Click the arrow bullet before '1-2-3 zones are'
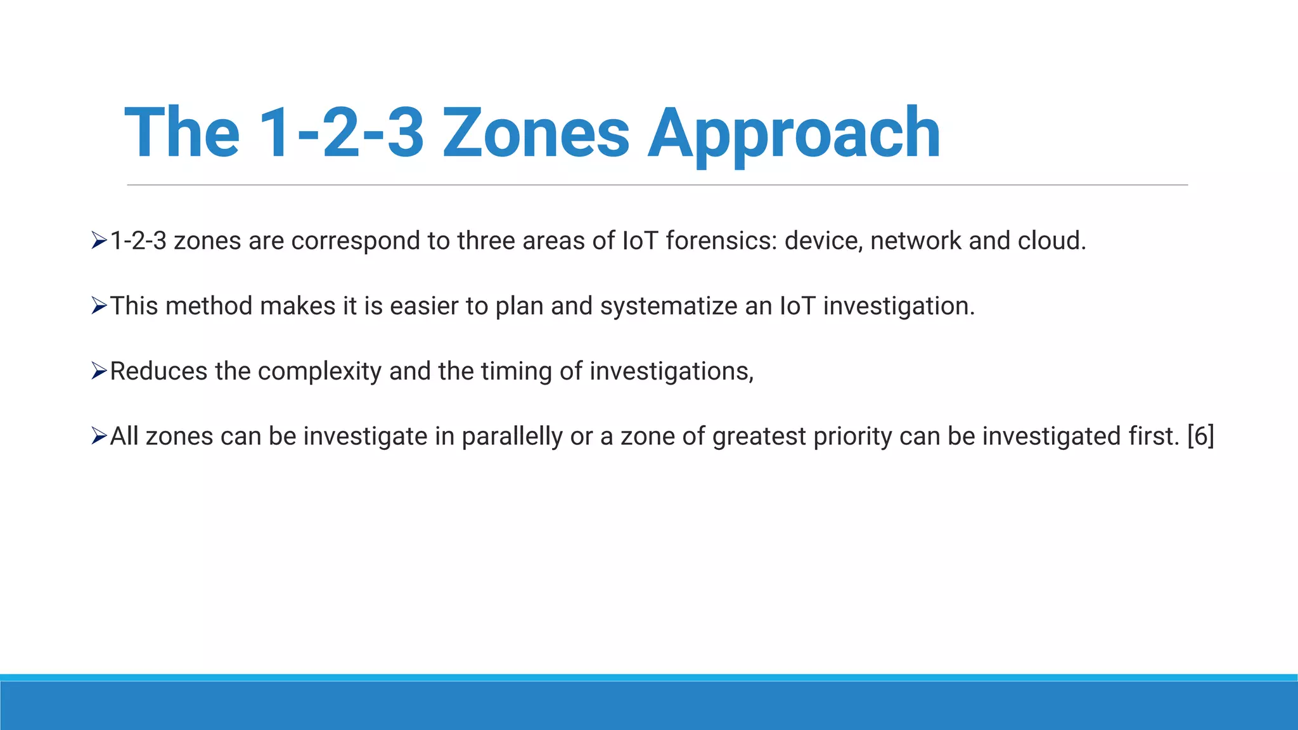[x=99, y=241]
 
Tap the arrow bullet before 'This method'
[x=99, y=306]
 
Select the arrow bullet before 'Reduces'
[x=99, y=371]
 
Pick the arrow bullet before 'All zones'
[x=99, y=437]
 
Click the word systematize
[x=669, y=306]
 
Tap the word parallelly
[x=512, y=437]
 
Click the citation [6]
[x=1200, y=437]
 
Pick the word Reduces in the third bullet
[x=158, y=371]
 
